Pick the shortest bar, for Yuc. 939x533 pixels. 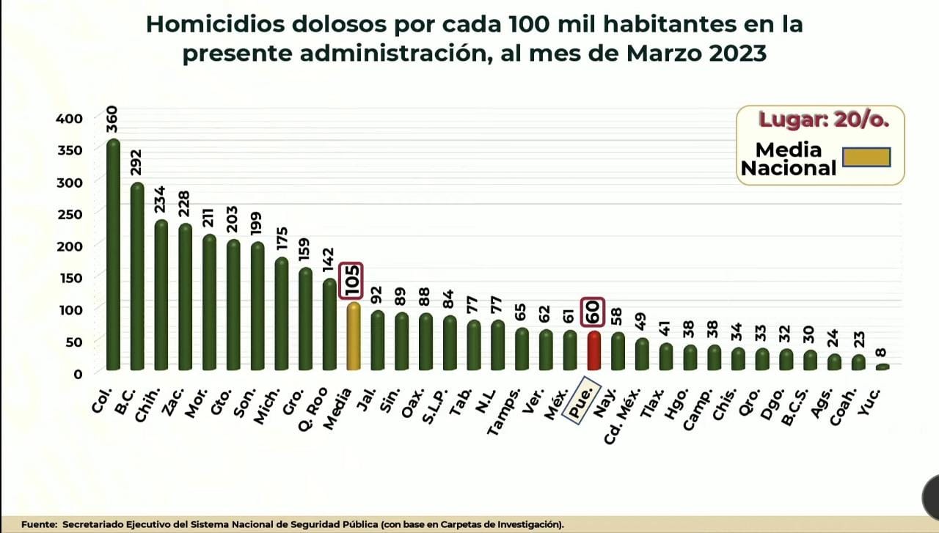pyautogui.click(x=883, y=367)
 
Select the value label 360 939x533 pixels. pyautogui.click(x=112, y=120)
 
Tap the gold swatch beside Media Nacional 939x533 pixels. pyautogui.click(x=866, y=158)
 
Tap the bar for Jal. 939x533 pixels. pyautogui.click(x=377, y=340)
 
